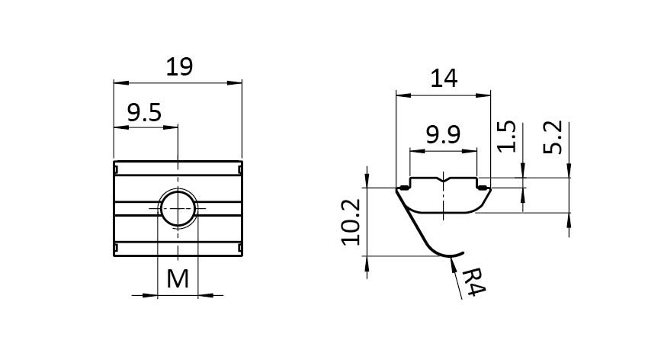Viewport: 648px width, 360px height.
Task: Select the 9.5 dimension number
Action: point(144,114)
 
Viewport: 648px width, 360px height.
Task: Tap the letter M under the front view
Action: point(178,279)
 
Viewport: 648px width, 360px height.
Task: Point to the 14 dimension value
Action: point(443,80)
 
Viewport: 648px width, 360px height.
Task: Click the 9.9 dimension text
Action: point(443,137)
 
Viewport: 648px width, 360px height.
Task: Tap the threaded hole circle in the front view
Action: point(178,207)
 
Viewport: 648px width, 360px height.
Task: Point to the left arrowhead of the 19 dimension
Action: point(117,81)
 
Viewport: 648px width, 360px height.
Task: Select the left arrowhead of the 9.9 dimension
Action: point(414,151)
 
